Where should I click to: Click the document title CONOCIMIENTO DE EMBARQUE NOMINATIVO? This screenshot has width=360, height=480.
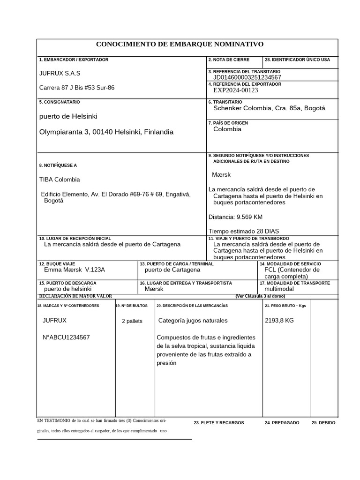click(x=180, y=44)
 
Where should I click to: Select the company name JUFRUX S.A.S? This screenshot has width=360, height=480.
click(x=60, y=73)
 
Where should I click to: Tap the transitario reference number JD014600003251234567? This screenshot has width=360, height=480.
click(x=247, y=77)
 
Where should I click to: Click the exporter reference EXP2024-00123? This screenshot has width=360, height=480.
click(x=235, y=90)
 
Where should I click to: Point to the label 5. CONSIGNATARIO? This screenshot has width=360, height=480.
click(x=60, y=102)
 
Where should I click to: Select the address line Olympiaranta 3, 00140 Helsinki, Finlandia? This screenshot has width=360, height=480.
click(x=106, y=132)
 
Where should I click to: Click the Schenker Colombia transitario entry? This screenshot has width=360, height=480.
click(x=269, y=108)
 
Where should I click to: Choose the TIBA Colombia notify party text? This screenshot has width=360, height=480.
click(x=60, y=180)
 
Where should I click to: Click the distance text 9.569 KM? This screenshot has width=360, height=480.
click(x=235, y=217)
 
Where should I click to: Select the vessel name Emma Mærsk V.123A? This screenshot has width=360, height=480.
click(x=75, y=270)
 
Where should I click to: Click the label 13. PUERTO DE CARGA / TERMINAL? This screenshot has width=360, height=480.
click(x=176, y=264)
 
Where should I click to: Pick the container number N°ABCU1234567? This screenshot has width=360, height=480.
click(x=66, y=337)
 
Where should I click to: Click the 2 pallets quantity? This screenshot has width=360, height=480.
click(x=132, y=321)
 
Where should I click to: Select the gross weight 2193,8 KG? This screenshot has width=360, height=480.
click(x=279, y=321)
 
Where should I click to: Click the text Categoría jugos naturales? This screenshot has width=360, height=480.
click(x=193, y=321)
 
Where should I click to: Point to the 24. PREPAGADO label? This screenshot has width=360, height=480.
click(x=282, y=422)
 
